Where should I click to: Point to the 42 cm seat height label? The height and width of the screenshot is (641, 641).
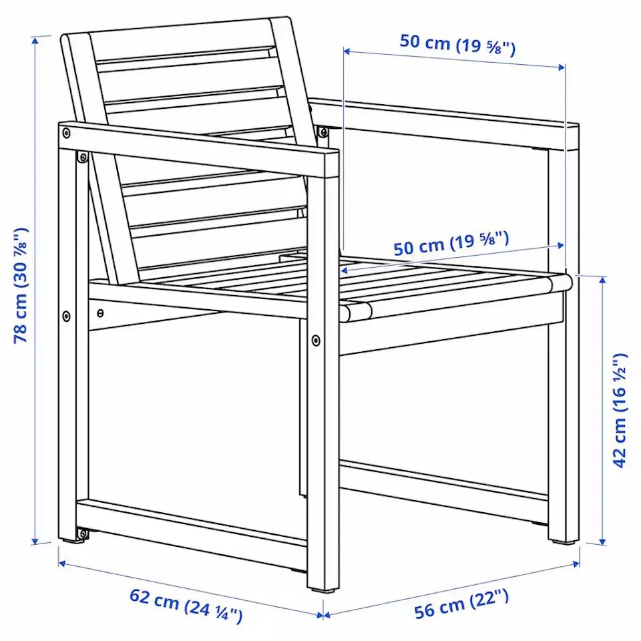pyautogui.click(x=620, y=410)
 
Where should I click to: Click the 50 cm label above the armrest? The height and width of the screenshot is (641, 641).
pyautogui.click(x=457, y=44)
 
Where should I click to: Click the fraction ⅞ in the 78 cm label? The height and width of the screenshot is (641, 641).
pyautogui.click(x=22, y=238)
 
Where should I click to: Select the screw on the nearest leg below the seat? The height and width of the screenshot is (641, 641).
pyautogui.click(x=315, y=341)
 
